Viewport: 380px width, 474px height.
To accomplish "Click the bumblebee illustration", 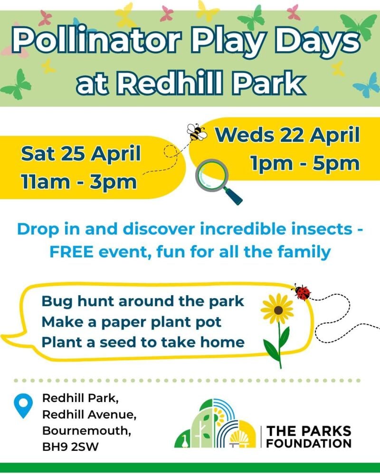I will tap(196, 132).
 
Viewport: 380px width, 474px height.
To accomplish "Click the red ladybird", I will tap(302, 292).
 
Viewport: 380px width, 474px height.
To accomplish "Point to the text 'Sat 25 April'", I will tap(81, 155).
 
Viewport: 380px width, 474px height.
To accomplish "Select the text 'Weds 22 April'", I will tap(288, 135).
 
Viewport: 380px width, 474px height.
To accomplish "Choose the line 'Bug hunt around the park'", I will tap(143, 301).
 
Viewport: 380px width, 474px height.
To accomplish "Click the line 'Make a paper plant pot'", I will tap(132, 322).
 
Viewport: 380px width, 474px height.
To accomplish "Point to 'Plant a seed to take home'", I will tap(143, 342).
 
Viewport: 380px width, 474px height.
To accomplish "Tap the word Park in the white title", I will tap(274, 83).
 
